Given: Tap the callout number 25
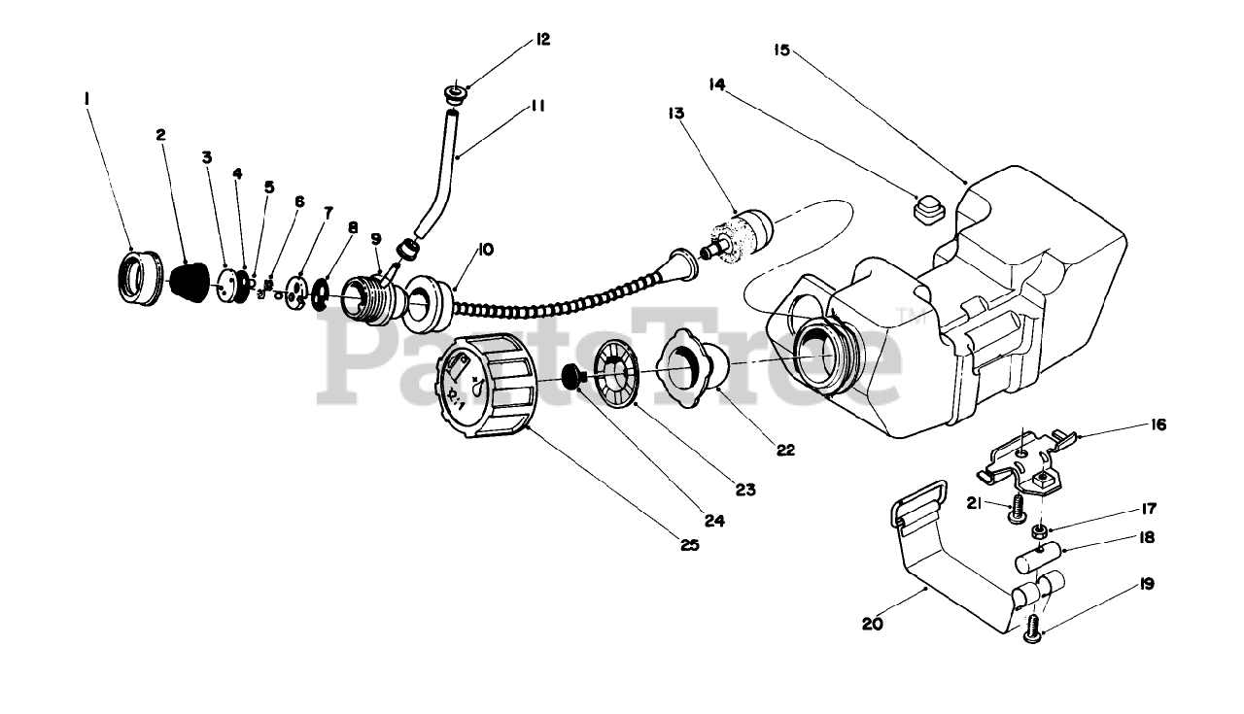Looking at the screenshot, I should point(689,545).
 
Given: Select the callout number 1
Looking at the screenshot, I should point(86,97).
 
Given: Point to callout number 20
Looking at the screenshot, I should point(872,625).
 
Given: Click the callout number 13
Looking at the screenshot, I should point(675,113).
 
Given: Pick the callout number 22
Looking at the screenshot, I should point(785,449).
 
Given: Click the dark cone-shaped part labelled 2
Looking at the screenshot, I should point(190,280).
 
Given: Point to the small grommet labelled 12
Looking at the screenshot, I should point(455,96).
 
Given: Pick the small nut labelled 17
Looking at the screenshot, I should point(1039,531).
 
